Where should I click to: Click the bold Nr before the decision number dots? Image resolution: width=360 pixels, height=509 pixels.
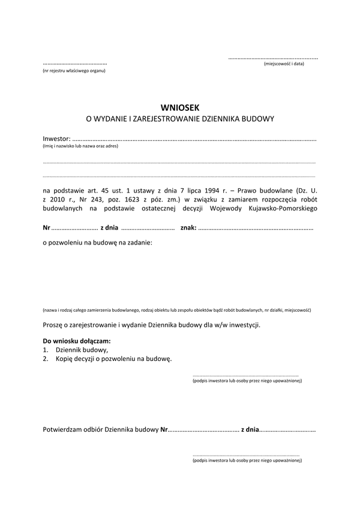[x=46, y=228]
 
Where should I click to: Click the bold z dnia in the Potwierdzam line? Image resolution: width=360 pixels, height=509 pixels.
[x=250, y=430]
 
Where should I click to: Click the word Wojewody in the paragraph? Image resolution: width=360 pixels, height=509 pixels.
[x=226, y=208]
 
